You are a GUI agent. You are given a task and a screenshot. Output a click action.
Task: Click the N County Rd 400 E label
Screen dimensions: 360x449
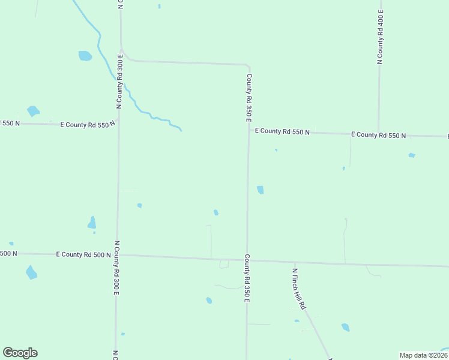(x=380, y=37)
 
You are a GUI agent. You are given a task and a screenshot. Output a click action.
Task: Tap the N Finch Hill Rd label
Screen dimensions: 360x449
(x=298, y=288)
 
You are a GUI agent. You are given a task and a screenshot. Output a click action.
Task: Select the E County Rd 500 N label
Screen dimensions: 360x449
(x=83, y=254)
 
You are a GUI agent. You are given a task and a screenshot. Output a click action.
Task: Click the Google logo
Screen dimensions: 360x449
(x=20, y=353)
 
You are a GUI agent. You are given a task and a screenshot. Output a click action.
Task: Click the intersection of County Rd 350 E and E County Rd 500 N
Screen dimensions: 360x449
(x=247, y=260)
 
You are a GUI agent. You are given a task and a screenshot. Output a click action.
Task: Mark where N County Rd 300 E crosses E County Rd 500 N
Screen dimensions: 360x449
(x=117, y=255)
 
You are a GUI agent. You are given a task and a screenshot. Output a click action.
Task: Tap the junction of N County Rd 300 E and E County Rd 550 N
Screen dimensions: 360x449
(x=118, y=125)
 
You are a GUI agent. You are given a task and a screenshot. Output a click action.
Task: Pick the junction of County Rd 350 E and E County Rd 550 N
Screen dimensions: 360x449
(x=249, y=131)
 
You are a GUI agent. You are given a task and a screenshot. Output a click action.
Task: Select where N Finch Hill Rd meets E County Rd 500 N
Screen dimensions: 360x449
(x=294, y=262)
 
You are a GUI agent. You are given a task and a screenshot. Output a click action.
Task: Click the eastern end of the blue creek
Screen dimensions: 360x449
(x=181, y=130)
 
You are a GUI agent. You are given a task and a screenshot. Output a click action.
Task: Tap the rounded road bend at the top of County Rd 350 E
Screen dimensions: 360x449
(x=247, y=65)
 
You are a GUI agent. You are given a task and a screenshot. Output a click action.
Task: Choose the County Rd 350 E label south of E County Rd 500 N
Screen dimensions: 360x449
(x=246, y=278)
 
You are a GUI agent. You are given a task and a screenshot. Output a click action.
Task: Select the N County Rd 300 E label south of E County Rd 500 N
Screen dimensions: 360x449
(x=116, y=268)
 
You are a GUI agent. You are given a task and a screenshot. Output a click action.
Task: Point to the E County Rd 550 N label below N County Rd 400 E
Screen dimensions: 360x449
(x=378, y=135)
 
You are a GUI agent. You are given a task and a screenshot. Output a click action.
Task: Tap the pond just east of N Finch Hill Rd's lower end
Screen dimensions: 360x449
(x=345, y=327)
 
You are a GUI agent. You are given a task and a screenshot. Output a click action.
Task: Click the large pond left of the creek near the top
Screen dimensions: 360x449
(x=85, y=56)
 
